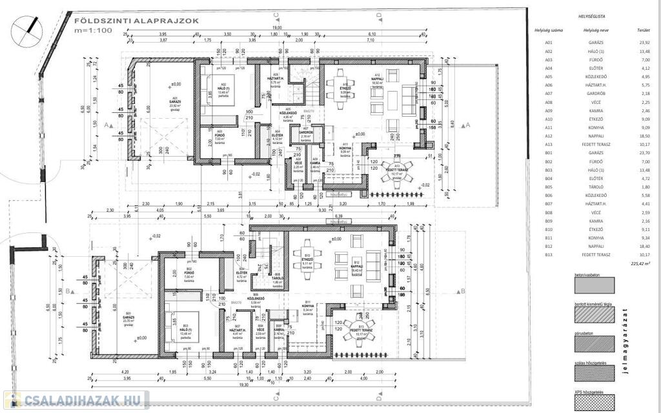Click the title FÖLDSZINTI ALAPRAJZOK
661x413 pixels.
(x=136, y=20)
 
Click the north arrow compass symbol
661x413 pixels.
(x=28, y=26)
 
